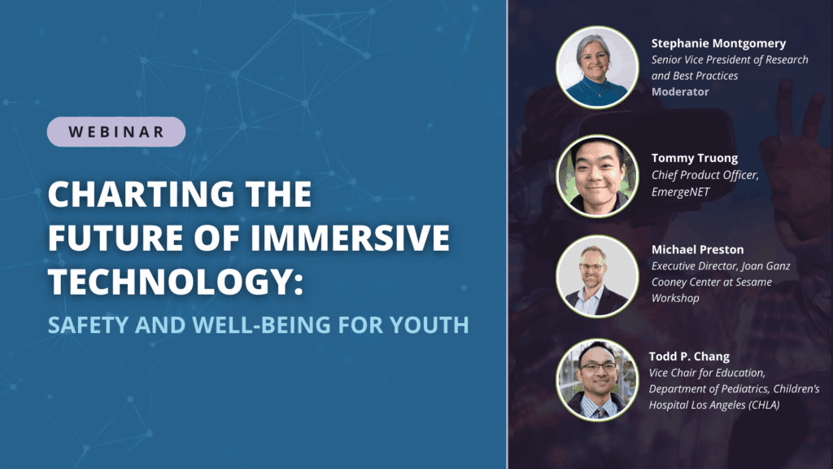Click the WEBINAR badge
[116, 131]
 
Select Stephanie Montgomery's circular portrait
[596, 68]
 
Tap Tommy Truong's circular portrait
[596, 175]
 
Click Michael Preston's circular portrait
[596, 276]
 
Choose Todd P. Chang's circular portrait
[596, 380]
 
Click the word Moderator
[680, 92]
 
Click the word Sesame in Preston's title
[754, 282]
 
